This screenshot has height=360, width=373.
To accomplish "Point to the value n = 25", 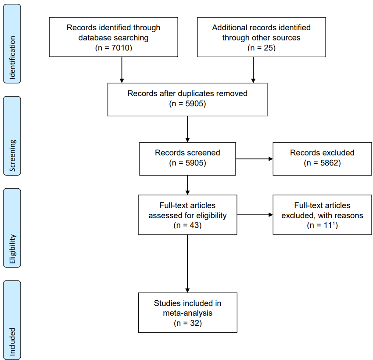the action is (262, 48).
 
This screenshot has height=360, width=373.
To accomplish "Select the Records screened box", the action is (187, 158).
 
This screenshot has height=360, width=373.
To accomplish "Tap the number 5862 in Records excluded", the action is (329, 163).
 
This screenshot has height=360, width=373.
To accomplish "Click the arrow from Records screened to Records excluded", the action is (254, 158).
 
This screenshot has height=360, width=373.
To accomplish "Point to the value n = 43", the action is (187, 225).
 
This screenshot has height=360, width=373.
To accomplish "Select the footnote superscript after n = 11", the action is (334, 223).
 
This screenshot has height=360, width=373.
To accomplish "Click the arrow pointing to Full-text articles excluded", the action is (255, 215).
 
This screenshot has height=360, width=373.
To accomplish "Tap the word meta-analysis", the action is (188, 313).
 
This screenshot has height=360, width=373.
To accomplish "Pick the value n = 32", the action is (188, 323).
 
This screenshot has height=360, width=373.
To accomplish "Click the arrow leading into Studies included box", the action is (187, 264).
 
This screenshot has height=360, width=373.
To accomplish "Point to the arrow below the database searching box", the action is (122, 70).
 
